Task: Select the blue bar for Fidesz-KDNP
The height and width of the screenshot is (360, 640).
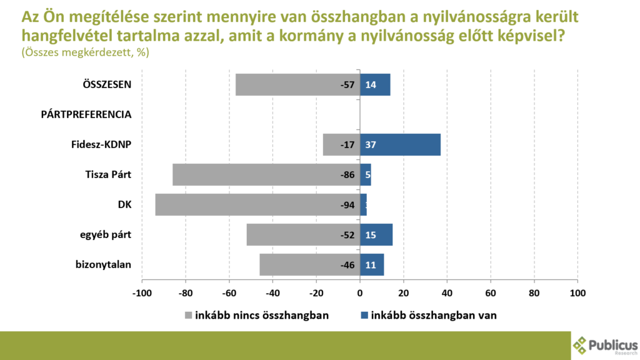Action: pos(400,145)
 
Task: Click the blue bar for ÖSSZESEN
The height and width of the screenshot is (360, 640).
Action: pos(375,85)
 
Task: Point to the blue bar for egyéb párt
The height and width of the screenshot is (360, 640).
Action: pos(376,235)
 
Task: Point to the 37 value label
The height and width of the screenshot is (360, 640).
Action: pos(370,145)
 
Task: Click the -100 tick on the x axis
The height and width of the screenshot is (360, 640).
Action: pos(142,292)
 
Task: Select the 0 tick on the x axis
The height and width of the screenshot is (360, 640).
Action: pos(360,292)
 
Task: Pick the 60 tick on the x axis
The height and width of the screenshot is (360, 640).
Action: pos(491,292)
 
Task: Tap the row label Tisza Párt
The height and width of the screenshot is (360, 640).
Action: pos(107,174)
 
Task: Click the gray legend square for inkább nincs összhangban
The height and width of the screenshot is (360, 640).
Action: pos(188,315)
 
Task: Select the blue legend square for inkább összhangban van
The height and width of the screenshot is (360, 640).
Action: pos(364,315)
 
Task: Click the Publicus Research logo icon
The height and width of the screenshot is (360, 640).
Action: pos(581,345)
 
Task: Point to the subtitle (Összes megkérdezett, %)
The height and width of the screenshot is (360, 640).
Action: pos(85,53)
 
